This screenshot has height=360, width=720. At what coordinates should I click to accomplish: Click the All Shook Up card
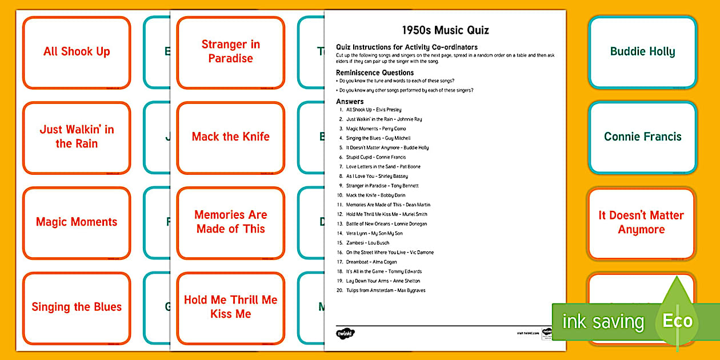(77, 52)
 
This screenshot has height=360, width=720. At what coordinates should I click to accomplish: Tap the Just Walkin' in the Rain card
(77, 137)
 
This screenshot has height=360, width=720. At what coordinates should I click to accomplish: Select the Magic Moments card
(77, 222)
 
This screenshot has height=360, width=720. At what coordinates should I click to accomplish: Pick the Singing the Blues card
(77, 307)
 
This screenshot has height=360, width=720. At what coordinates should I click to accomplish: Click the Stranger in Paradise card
(230, 52)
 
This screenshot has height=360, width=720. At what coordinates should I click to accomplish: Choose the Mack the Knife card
(230, 137)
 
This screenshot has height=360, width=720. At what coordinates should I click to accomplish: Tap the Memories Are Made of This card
(230, 222)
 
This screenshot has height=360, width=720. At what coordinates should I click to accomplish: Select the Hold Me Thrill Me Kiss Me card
(230, 307)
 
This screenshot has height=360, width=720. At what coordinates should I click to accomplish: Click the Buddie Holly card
(642, 52)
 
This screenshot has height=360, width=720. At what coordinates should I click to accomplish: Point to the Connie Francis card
(642, 137)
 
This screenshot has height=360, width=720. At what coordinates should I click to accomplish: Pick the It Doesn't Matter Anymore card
(641, 223)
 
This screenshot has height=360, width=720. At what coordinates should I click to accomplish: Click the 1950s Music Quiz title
(445, 30)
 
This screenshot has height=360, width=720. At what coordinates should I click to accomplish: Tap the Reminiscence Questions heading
(374, 73)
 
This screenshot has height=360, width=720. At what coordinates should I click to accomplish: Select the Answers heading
(350, 102)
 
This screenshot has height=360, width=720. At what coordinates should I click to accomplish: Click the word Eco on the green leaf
(677, 321)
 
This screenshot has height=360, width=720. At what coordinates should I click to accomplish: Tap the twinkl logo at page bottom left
(345, 333)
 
